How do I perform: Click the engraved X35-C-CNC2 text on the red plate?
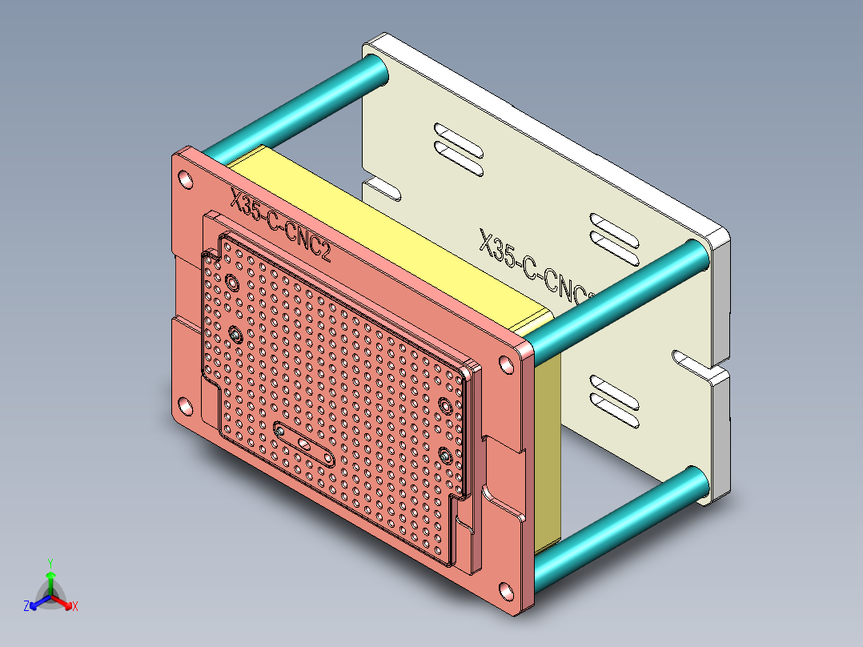pyautogui.click(x=280, y=227)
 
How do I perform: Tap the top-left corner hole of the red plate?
pyautogui.click(x=185, y=178)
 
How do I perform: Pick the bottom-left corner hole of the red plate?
pyautogui.click(x=184, y=406)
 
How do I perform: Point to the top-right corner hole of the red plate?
pyautogui.click(x=508, y=364)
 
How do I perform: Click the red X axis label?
pyautogui.click(x=74, y=607)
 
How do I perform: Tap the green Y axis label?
pyautogui.click(x=50, y=562)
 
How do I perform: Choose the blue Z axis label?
pyautogui.click(x=26, y=607)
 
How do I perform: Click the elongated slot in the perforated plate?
pyautogui.click(x=305, y=443)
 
